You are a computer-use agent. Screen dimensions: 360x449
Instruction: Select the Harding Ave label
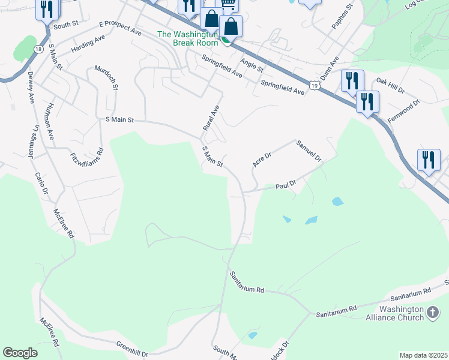pos(88,43)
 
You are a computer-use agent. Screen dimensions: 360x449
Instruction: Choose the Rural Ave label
pos(211,117)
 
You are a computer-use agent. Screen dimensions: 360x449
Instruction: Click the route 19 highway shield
pos(315,86)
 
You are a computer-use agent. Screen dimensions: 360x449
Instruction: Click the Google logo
pos(20,353)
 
